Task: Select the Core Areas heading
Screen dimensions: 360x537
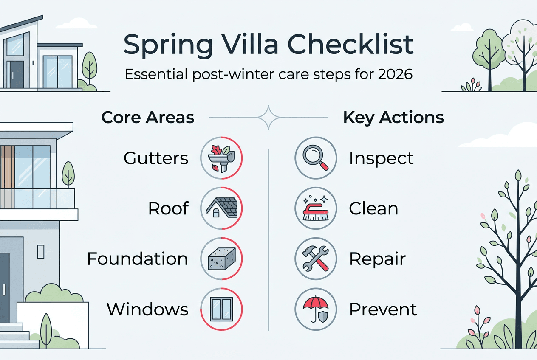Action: point(148,118)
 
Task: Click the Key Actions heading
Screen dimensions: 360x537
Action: point(393,118)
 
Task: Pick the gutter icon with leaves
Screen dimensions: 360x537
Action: point(221,158)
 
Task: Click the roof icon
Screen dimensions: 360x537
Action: point(221,208)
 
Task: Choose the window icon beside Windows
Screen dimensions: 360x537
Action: point(221,309)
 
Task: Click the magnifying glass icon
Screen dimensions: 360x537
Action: point(316,158)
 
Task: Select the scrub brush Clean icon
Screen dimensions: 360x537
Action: point(316,208)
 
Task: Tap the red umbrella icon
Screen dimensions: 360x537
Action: point(316,309)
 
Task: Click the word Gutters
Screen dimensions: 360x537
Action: point(155,158)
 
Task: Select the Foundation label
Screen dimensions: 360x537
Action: point(137,259)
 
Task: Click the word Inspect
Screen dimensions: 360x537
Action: point(381,158)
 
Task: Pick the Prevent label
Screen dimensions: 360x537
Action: point(383,309)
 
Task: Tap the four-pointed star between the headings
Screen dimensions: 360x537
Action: point(268,118)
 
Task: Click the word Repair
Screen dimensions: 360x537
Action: point(377,259)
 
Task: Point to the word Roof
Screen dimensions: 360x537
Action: point(168,208)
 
